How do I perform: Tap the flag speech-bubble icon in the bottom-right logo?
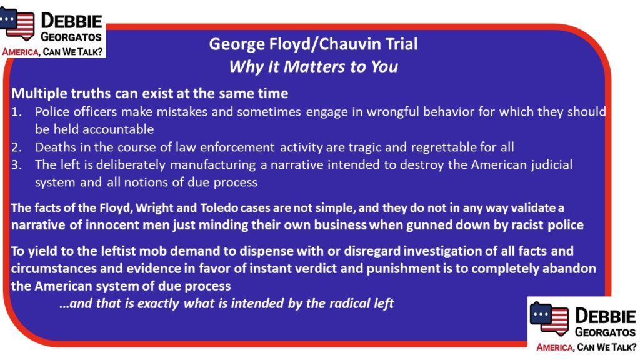(549, 318)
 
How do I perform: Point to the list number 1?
(16, 112)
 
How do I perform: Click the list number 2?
(16, 147)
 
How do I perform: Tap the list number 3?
(16, 164)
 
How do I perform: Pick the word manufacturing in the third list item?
(212, 165)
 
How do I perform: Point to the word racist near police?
(527, 225)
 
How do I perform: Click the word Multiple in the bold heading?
(39, 94)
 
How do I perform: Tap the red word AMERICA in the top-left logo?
(21, 52)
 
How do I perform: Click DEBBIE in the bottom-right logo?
(605, 316)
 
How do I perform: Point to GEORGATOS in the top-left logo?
(71, 37)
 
